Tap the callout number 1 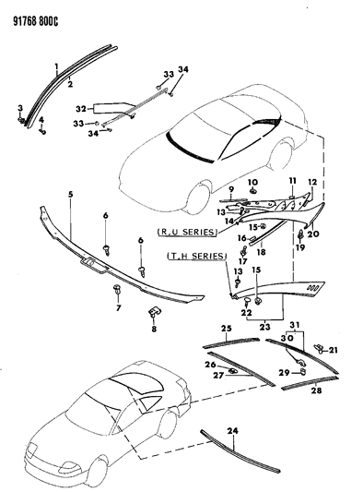[x=55, y=66]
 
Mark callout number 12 [x=311, y=181]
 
